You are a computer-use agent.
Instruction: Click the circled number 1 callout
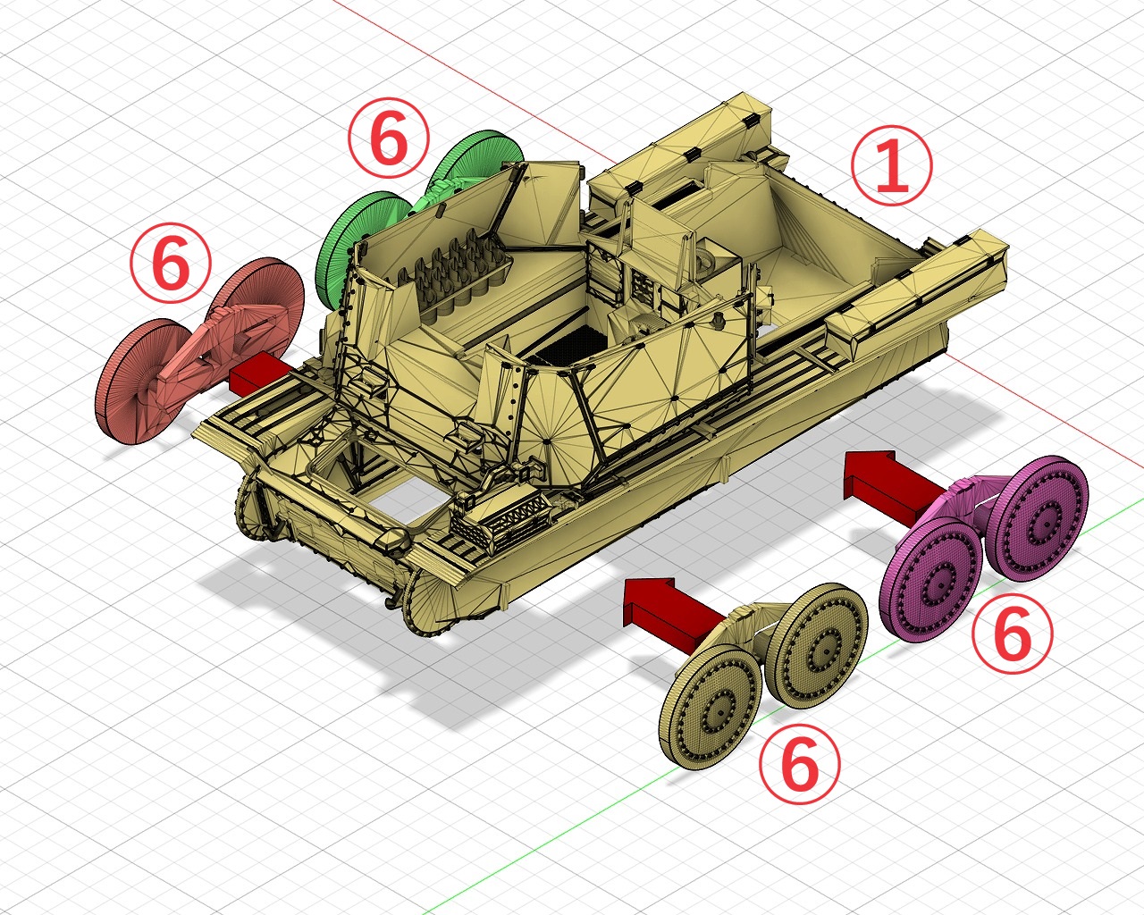point(891,164)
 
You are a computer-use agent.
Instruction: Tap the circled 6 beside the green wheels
point(388,138)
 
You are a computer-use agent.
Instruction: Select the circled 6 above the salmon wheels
point(171,263)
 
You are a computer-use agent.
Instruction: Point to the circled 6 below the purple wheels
point(1013,634)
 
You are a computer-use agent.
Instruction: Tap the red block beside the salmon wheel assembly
point(259,374)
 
